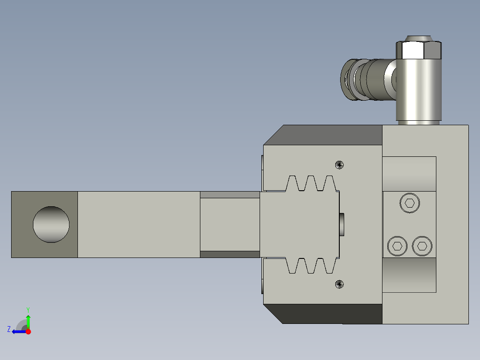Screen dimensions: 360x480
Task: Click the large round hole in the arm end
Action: point(51,225)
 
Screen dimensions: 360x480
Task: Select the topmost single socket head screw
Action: point(410,204)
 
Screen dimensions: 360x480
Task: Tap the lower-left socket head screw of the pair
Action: point(397,246)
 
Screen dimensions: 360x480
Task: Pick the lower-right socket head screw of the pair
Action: point(422,246)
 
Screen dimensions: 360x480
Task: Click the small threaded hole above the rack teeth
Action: point(339,165)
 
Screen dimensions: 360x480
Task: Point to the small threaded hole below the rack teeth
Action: point(339,284)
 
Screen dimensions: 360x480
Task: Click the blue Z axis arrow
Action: point(18,331)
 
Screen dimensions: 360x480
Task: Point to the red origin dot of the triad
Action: point(28,331)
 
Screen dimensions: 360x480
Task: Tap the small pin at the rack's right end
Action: point(342,225)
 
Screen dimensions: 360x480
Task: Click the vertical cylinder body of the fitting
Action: point(419,91)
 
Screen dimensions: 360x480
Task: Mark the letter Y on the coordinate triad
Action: point(28,309)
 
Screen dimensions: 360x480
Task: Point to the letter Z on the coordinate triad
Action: point(9,329)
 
